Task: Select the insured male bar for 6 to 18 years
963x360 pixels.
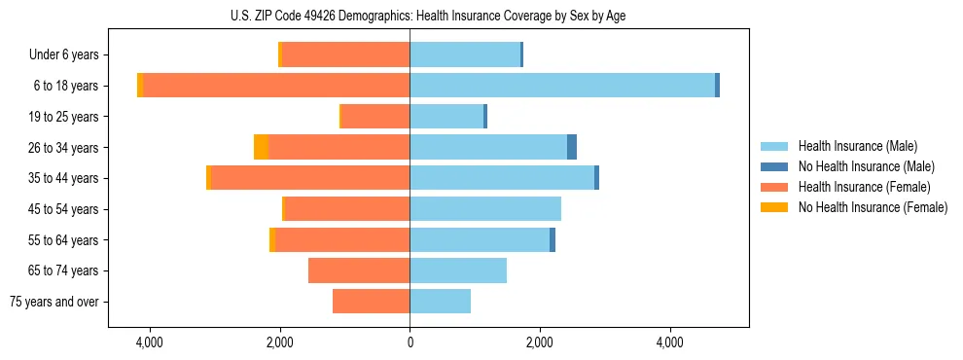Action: coord(562,86)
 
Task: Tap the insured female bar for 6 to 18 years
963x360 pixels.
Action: coord(276,86)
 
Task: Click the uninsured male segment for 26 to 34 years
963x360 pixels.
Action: coord(572,147)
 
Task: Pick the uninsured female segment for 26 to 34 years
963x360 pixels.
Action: coord(261,147)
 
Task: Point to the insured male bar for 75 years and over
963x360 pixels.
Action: coord(440,302)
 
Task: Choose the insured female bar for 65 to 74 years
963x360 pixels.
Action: coord(359,270)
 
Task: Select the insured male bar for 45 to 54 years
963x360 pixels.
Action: coord(485,209)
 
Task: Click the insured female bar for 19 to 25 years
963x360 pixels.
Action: coord(375,117)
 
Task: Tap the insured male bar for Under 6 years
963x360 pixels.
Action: coord(465,54)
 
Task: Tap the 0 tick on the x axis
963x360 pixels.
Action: coord(410,343)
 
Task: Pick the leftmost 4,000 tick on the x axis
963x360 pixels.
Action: coord(150,343)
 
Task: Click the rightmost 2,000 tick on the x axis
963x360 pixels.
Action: coord(540,343)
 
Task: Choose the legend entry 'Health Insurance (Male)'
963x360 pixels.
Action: coord(857,146)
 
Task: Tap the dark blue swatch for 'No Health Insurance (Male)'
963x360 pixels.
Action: coord(774,166)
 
